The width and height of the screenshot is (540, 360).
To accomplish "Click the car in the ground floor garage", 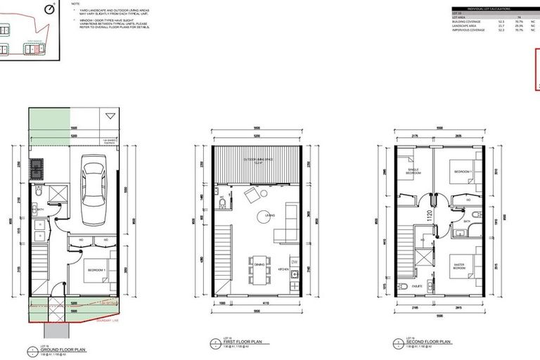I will coord(93,186).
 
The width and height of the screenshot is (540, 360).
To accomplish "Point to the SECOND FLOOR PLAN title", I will coord(426,343).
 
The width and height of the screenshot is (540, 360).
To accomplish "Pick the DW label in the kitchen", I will coord(293,262).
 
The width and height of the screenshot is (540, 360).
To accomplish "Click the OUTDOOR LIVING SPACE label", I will coord(257,160).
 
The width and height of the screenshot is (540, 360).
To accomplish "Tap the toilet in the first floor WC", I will coord(222,205).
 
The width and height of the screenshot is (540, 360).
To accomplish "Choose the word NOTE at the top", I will coord(76,4).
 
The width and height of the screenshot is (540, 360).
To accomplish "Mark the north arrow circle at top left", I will coord(49,8).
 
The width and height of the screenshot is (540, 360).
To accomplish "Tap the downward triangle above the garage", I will coord(109,116).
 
